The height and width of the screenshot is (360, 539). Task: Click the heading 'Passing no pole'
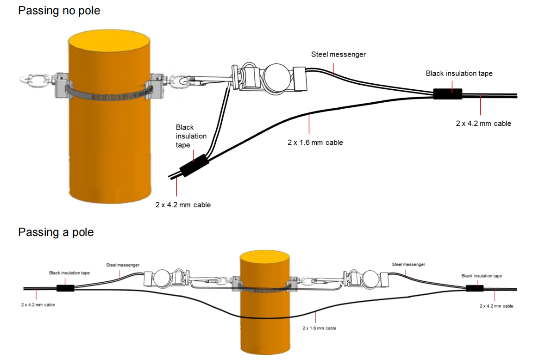59,10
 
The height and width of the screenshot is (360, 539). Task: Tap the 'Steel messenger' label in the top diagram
338,55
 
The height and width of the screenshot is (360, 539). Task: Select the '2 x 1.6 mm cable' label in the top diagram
315,143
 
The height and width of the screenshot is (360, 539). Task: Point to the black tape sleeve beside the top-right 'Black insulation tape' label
447,94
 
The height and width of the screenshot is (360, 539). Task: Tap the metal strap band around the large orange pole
109,93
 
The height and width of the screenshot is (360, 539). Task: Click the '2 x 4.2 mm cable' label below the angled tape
183,205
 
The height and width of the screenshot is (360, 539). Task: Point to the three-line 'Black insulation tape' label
191,136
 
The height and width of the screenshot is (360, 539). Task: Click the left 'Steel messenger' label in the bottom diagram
123,265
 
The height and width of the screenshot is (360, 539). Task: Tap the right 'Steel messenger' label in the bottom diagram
408,265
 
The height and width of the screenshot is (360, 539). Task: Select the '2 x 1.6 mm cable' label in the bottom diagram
319,328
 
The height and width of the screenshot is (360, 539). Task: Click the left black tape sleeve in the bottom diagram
65,288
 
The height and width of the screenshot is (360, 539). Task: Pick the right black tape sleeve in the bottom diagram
474,288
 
